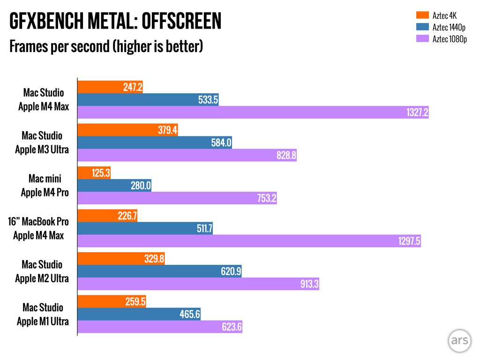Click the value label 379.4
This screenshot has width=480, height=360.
[x=167, y=130]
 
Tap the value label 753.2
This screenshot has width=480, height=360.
[x=267, y=198]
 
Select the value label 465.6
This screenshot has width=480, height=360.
[x=190, y=315]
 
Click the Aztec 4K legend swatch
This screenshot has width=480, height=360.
[x=422, y=16]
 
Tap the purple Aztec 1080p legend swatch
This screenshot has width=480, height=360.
[x=422, y=39]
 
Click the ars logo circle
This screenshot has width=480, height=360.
[x=459, y=341]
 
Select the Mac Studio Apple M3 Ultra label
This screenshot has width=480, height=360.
[x=42, y=142]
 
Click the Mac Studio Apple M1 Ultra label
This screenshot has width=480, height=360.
[x=43, y=315]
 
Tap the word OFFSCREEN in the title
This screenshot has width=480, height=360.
[x=181, y=22]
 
